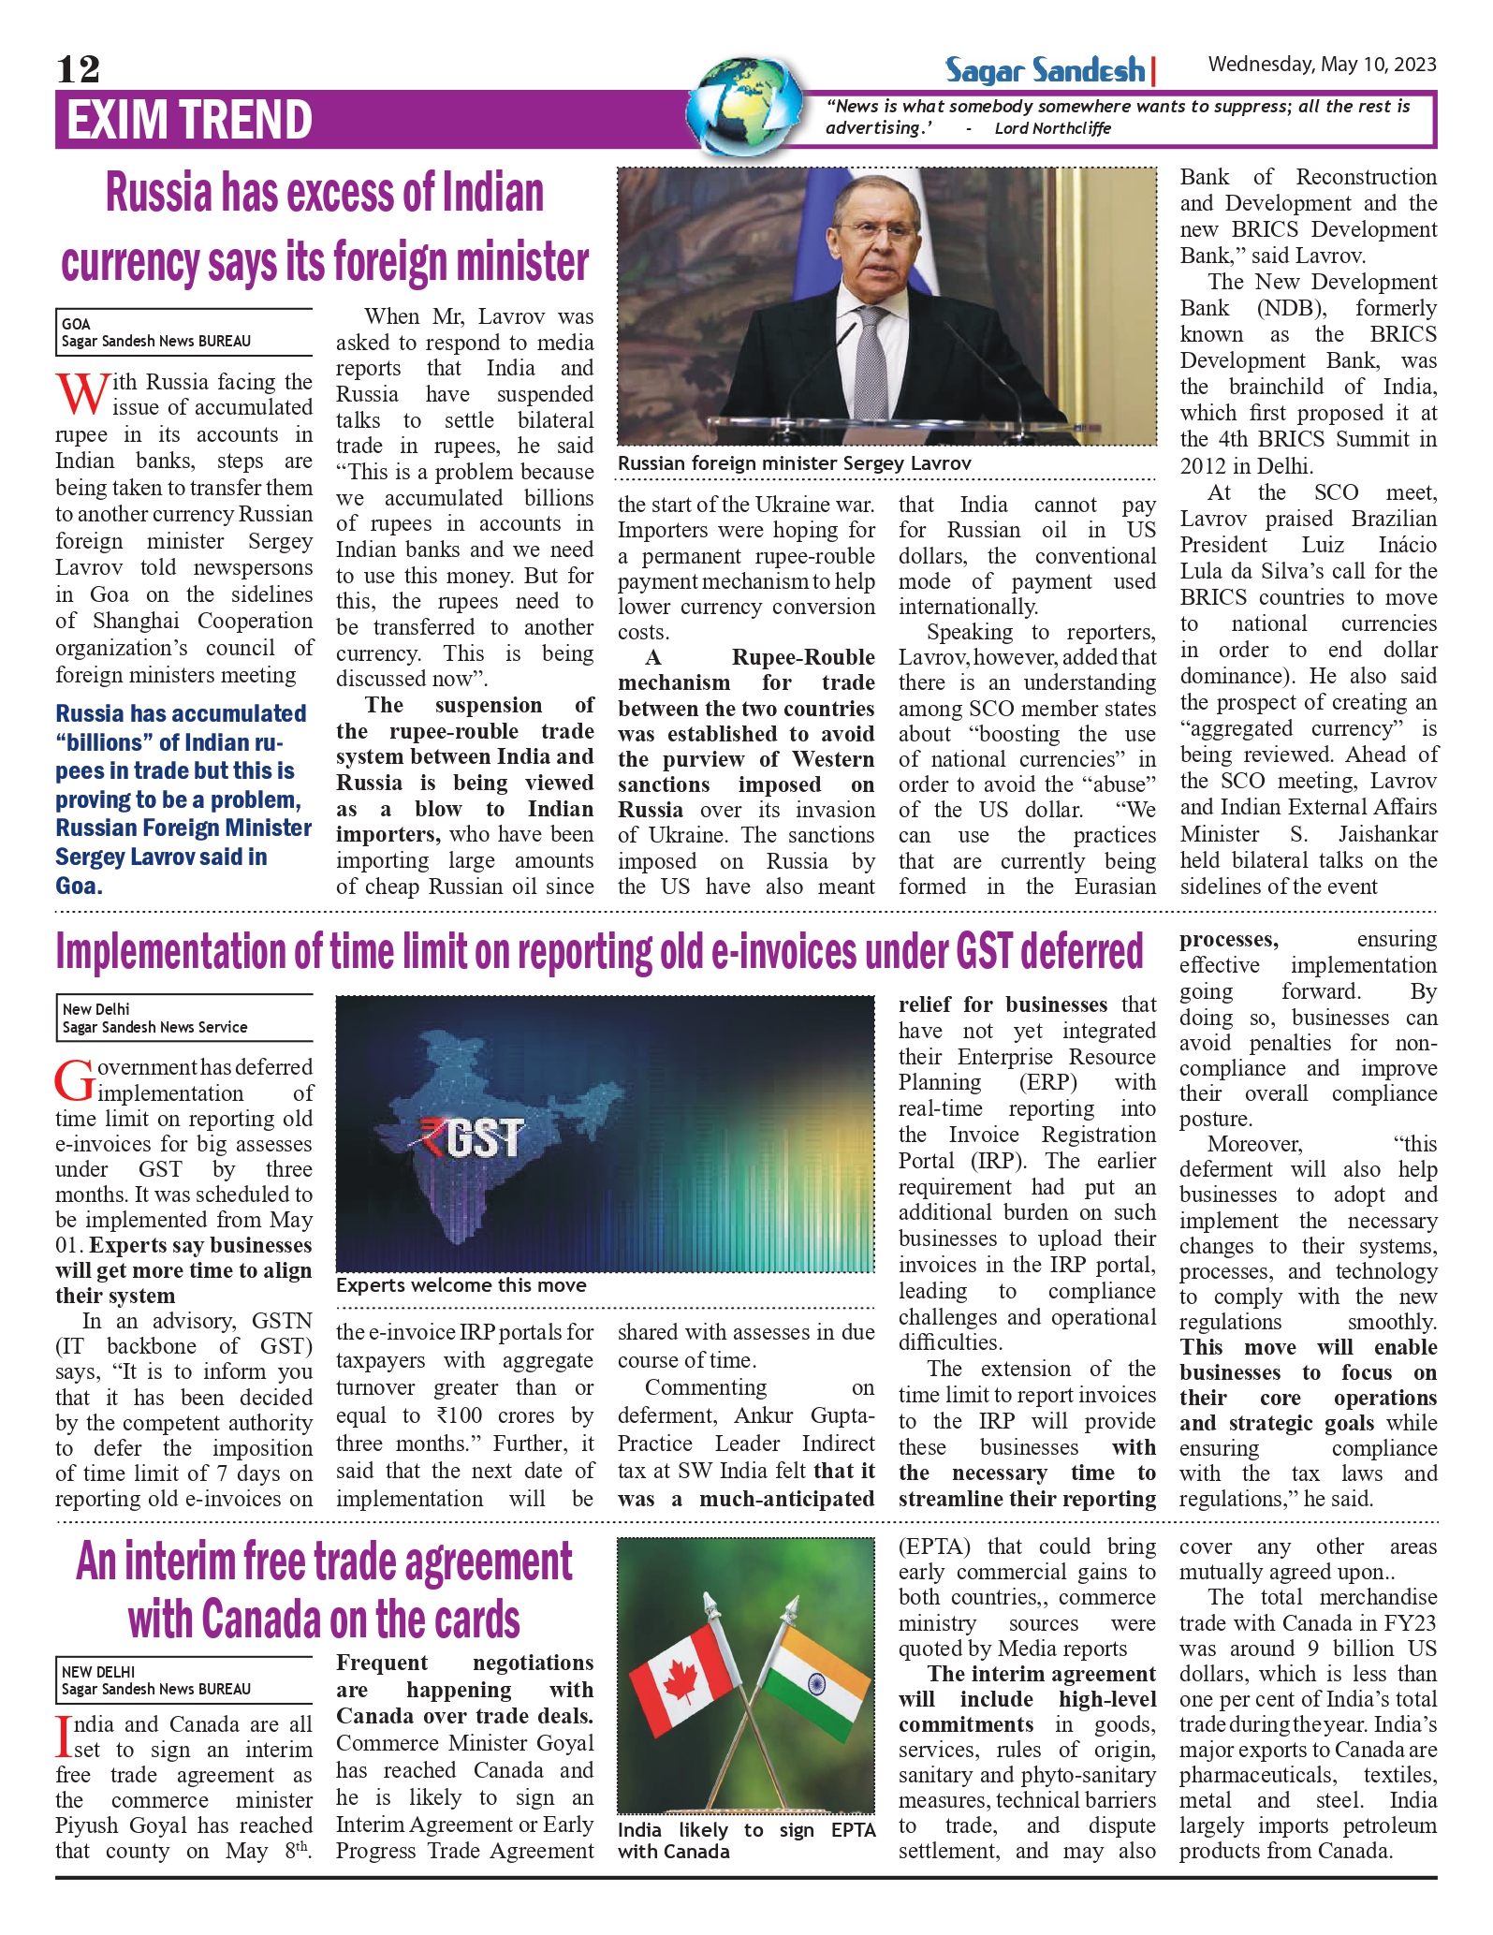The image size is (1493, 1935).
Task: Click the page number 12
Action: coord(78,69)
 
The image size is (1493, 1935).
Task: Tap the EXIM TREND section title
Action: coord(189,120)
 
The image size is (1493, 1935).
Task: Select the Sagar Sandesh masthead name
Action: coord(1045,70)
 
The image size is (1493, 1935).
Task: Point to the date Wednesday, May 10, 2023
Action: coord(1322,65)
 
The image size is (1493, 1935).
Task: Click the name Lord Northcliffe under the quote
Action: coord(1052,128)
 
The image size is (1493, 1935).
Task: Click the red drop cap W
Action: coord(81,394)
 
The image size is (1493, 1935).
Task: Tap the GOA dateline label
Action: coord(76,324)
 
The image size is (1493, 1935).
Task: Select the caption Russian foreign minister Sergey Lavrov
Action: coord(794,463)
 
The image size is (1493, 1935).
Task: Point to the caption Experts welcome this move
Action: coord(461,1285)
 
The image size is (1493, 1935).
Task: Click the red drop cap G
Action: coord(75,1080)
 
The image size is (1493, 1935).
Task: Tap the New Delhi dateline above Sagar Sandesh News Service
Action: coord(95,1009)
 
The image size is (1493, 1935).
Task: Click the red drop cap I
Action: coord(63,1736)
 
